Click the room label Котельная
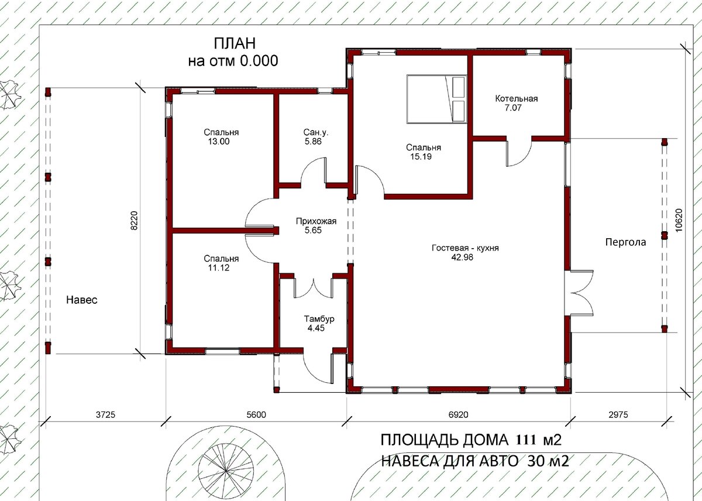[516, 99]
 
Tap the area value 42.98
[462, 258]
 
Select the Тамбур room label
[319, 319]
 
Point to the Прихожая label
[316, 221]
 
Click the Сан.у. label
[316, 133]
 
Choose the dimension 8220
[134, 221]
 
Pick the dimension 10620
[679, 220]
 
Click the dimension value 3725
[106, 415]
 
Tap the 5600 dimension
[256, 415]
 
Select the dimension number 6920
[459, 415]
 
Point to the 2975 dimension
[618, 415]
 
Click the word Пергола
[625, 242]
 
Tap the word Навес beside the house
[82, 300]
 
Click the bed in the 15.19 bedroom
[436, 99]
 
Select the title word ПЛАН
[235, 43]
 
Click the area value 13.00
[219, 142]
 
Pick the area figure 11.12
[219, 267]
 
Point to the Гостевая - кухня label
[465, 248]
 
